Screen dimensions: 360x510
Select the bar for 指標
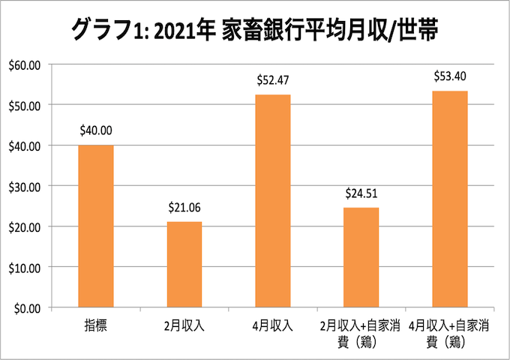[96, 226]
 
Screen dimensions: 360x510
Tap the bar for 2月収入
[184, 264]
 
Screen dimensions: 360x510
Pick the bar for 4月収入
[272, 200]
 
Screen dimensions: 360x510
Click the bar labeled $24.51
[361, 257]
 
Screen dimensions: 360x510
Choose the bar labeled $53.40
[449, 199]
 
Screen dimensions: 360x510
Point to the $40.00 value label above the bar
[96, 130]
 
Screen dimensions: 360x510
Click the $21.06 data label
[184, 207]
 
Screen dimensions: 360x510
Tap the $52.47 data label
[272, 80]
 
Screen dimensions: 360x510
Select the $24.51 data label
[361, 193]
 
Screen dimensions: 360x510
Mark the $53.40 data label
[449, 76]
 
